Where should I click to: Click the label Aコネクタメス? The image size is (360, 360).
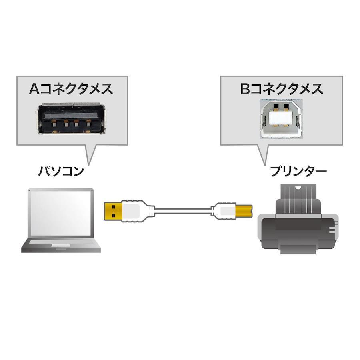point(71,89)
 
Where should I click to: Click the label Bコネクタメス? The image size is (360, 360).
point(282,89)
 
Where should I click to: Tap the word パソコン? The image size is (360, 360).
point(61,172)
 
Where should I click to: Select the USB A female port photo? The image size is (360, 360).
point(71,119)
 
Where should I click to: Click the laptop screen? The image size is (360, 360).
point(61,214)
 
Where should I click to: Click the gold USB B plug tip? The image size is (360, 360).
point(244,210)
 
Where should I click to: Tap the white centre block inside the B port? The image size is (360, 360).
point(280,118)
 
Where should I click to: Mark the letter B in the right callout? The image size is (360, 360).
point(245,89)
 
